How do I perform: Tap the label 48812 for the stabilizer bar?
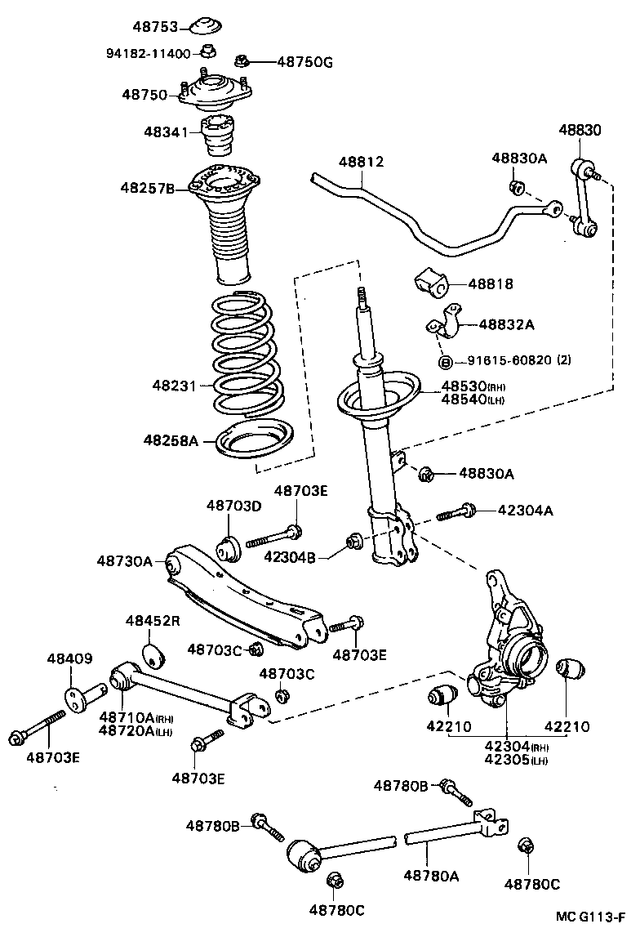(362, 163)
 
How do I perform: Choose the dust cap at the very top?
(206, 26)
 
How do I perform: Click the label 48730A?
(124, 561)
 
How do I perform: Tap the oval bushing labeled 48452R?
(155, 654)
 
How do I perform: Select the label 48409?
(69, 658)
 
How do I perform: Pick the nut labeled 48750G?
(242, 60)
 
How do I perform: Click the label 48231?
(174, 384)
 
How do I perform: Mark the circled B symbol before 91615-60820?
(446, 362)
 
